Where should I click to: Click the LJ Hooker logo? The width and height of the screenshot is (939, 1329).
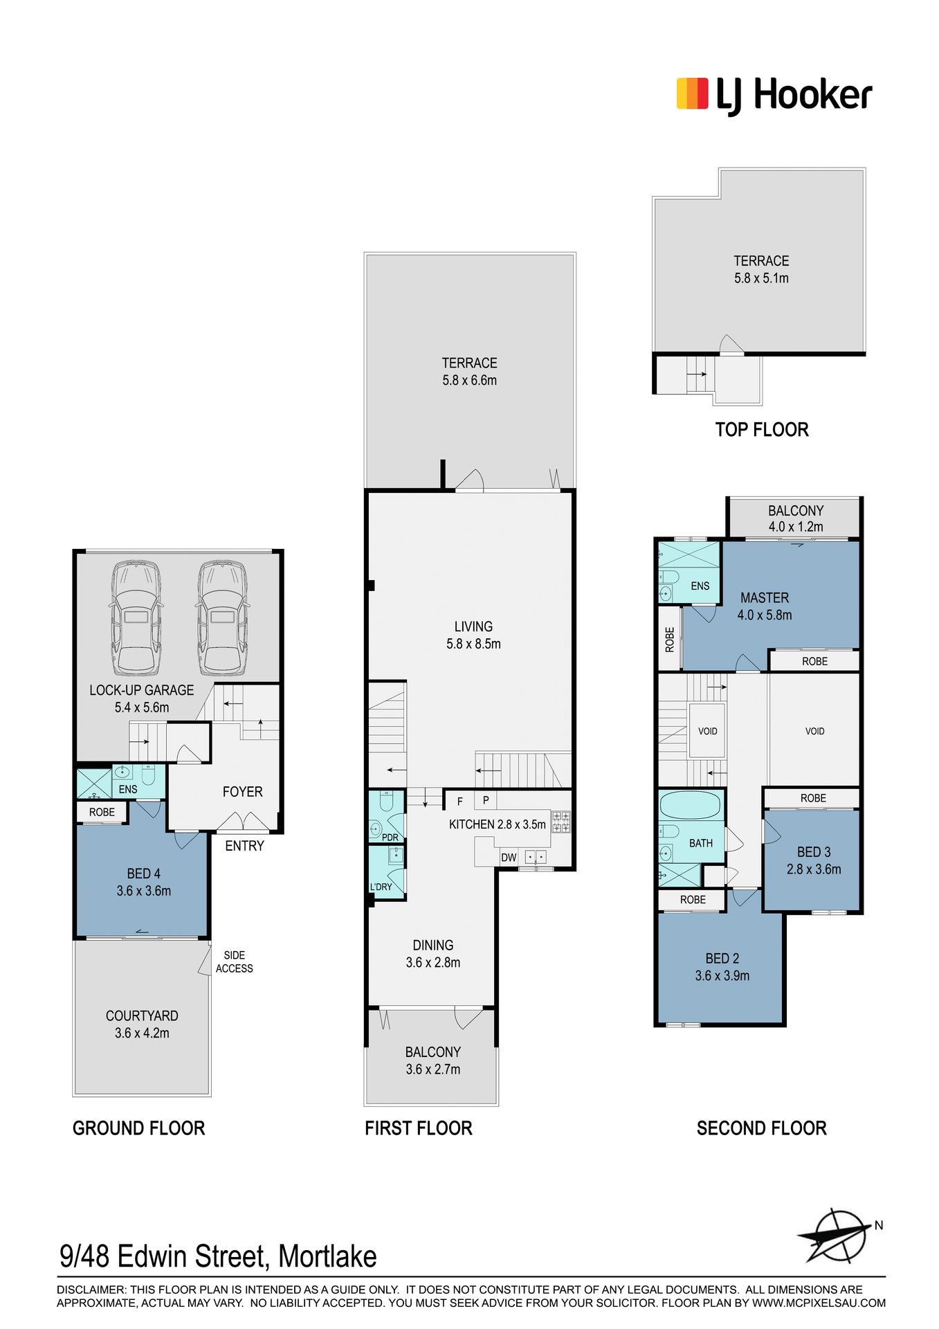(774, 95)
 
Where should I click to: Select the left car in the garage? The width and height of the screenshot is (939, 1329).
(136, 618)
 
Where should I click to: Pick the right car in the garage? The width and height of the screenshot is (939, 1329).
(222, 618)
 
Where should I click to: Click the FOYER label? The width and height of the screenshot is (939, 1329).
(243, 792)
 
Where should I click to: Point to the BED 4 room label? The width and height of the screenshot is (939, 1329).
(144, 874)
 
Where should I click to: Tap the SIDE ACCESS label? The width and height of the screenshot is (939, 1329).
(235, 961)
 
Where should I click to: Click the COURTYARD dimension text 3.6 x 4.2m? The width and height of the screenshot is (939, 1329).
(142, 1033)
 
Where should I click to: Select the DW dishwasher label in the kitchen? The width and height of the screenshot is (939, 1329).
(509, 857)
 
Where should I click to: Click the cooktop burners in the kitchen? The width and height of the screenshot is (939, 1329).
(561, 822)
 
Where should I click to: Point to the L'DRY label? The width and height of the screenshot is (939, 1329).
(381, 887)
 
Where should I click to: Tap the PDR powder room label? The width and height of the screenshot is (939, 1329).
(390, 838)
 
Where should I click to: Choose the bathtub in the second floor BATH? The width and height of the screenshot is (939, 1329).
(690, 806)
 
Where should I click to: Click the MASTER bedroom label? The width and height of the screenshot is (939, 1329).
(765, 597)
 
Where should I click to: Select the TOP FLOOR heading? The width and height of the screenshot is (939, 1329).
(762, 430)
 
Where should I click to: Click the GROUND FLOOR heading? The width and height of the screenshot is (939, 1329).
(139, 1128)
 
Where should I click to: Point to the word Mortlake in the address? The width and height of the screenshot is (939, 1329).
(327, 1256)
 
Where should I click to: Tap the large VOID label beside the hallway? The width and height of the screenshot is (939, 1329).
(815, 731)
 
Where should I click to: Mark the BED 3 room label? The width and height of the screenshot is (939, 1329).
(814, 852)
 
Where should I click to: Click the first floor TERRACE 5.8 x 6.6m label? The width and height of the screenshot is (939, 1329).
(470, 372)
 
